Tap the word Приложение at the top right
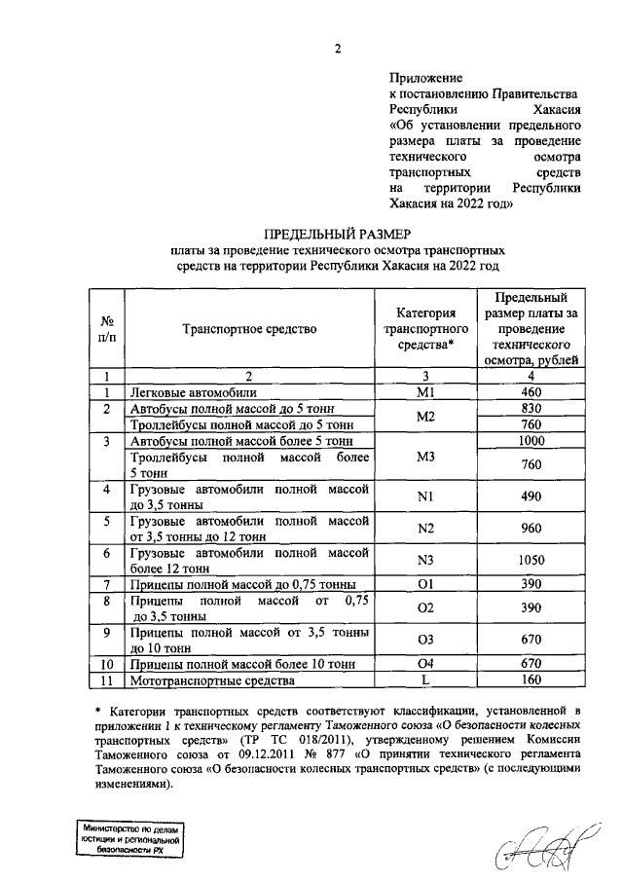tap(425, 76)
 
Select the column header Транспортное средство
tap(249, 329)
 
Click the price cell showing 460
tap(531, 392)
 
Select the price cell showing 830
tap(531, 409)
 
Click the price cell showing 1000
tap(531, 440)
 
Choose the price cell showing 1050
tap(531, 560)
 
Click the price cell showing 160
tap(531, 682)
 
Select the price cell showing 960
tap(531, 529)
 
